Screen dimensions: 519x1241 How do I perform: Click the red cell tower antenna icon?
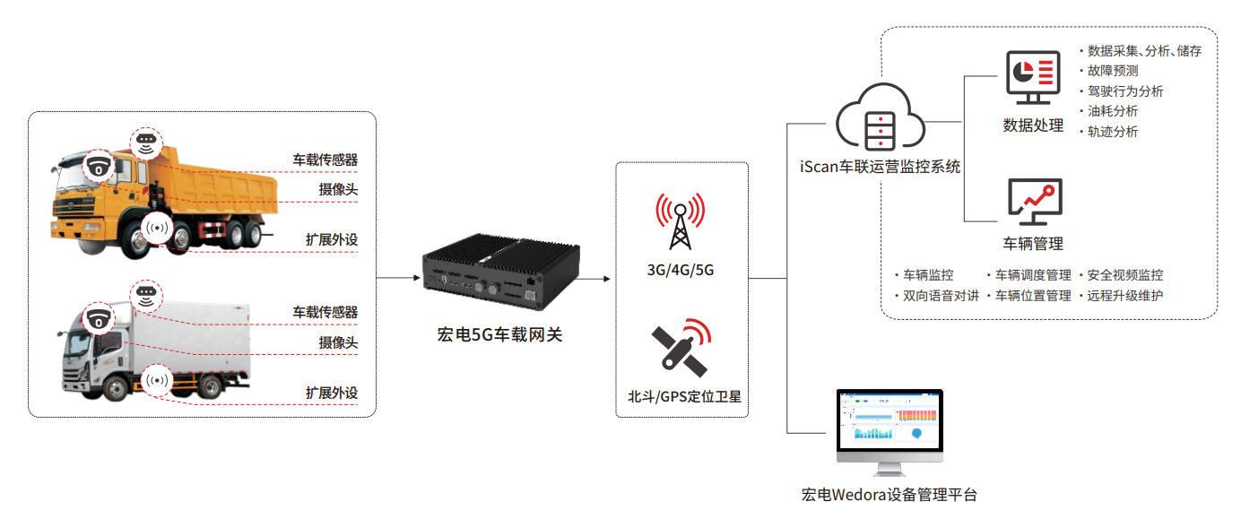click(679, 221)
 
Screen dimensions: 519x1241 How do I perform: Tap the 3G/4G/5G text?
click(680, 270)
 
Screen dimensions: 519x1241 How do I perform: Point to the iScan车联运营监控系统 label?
click(880, 167)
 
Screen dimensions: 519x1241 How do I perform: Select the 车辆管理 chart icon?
click(1033, 202)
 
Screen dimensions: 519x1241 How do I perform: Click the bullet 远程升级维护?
click(1124, 296)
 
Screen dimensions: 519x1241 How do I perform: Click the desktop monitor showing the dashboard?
click(890, 428)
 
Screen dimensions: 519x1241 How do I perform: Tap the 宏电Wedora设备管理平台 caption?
click(889, 495)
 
